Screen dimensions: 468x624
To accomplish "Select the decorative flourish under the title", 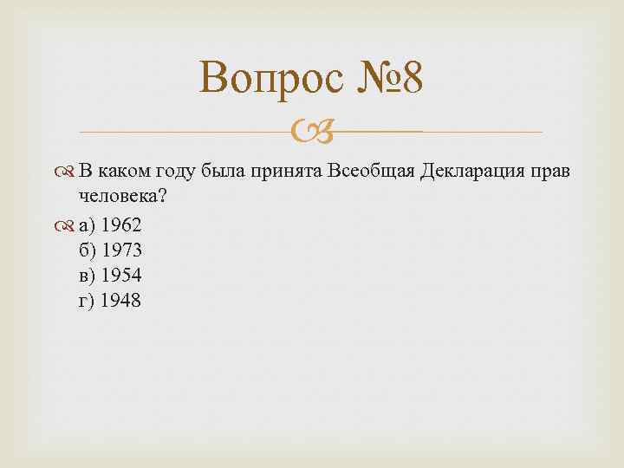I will pos(309,133).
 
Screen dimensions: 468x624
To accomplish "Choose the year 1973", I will pos(121,250).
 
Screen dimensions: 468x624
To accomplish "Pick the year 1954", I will pos(121,276).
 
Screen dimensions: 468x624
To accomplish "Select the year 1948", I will pos(120,301).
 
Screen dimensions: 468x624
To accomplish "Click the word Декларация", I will pos(469,171).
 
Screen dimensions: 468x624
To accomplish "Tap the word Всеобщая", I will pos(372,171).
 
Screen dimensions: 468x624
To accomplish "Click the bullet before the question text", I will pos(68,172).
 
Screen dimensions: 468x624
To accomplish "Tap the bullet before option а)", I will pos(68,226).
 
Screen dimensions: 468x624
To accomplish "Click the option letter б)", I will pos(88,250).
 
